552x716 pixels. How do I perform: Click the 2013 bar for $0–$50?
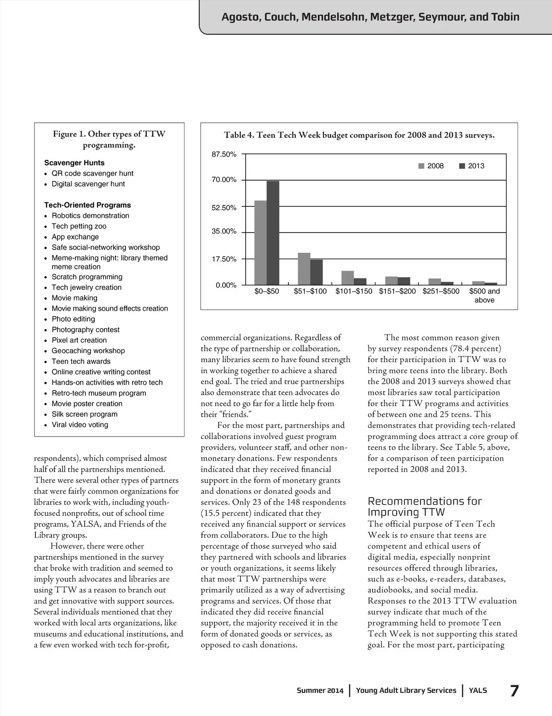click(273, 233)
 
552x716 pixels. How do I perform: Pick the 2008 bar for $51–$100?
click(304, 269)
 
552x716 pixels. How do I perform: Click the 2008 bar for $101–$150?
click(347, 278)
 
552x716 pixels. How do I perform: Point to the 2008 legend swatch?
click(421, 166)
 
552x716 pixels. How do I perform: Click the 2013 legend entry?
click(472, 166)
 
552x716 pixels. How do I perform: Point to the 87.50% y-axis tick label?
click(224, 154)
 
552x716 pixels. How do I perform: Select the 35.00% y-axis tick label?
click(224, 232)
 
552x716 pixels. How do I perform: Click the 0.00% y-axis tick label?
click(226, 285)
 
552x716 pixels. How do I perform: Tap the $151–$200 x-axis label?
click(397, 291)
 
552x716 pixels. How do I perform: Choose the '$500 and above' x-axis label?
click(484, 295)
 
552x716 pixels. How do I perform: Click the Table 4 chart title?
click(359, 136)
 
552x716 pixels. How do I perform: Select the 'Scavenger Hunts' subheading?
click(75, 163)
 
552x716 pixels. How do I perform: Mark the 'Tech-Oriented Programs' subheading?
click(87, 205)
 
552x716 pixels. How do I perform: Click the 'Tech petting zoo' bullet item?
click(79, 226)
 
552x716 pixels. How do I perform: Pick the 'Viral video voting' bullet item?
click(80, 425)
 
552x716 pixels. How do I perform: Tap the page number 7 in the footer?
click(515, 691)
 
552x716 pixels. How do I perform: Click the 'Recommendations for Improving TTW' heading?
click(425, 506)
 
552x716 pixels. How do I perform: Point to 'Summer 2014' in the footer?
click(320, 691)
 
